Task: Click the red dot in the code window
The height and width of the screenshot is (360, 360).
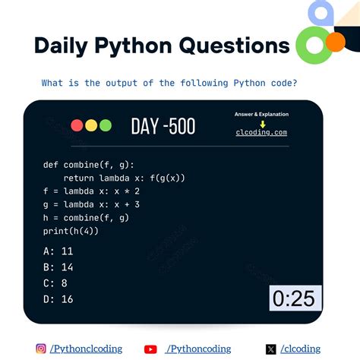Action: pyautogui.click(x=77, y=126)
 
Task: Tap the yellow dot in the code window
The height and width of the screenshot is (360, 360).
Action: pyautogui.click(x=91, y=126)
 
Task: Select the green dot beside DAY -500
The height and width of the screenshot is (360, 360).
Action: pyautogui.click(x=105, y=126)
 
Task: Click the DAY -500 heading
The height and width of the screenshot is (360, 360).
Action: pyautogui.click(x=163, y=126)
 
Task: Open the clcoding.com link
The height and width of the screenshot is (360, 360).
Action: pyautogui.click(x=261, y=132)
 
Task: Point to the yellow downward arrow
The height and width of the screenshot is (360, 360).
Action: pyautogui.click(x=262, y=123)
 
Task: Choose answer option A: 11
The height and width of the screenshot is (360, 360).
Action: pyautogui.click(x=58, y=251)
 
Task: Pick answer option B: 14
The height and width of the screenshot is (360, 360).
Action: pyautogui.click(x=58, y=267)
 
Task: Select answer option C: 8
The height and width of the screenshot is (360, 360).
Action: pyautogui.click(x=55, y=283)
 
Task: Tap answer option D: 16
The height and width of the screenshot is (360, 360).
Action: pyautogui.click(x=58, y=299)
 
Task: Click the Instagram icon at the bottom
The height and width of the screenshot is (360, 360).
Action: pyautogui.click(x=41, y=349)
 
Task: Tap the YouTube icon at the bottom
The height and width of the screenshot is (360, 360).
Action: pyautogui.click(x=150, y=349)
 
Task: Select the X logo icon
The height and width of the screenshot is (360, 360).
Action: pyautogui.click(x=270, y=349)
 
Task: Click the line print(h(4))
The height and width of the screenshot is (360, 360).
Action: pyautogui.click(x=71, y=230)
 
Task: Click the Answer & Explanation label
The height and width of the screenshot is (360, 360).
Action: pyautogui.click(x=261, y=114)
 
